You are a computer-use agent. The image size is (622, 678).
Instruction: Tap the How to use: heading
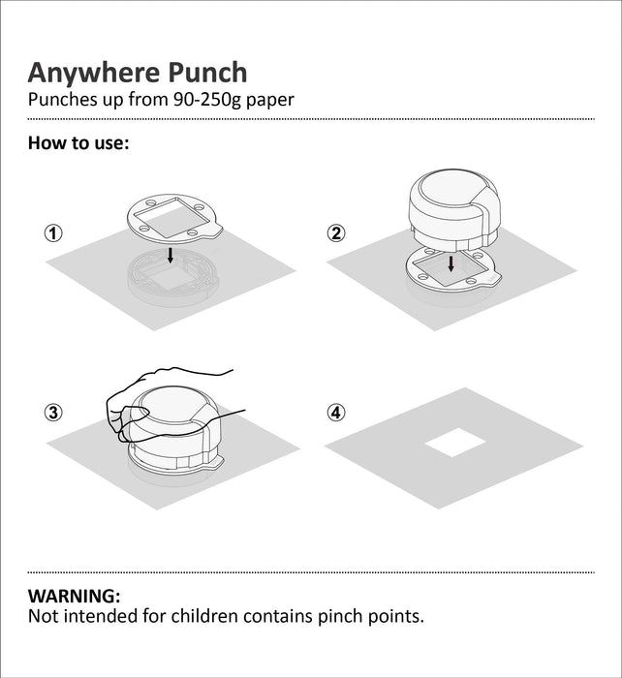tap(78, 143)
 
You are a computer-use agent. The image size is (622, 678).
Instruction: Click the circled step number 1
tap(53, 233)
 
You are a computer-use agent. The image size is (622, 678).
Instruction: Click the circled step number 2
tap(336, 232)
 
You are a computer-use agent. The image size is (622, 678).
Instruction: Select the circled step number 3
tap(53, 412)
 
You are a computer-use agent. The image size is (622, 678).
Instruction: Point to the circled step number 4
tap(336, 412)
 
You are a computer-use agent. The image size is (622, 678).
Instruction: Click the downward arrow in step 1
tap(171, 255)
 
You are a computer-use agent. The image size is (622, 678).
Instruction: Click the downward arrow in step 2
tap(451, 263)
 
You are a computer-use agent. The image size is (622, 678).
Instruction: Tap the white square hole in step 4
tap(455, 446)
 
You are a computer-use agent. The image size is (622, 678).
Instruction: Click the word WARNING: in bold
tap(75, 596)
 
